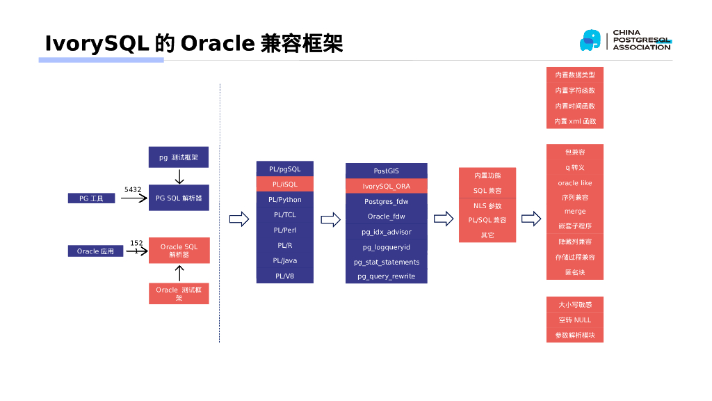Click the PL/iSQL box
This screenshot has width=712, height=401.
point(284,184)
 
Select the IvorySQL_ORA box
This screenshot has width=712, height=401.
point(386,186)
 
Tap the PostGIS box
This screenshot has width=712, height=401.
point(386,171)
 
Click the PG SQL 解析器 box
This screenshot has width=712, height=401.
point(179,198)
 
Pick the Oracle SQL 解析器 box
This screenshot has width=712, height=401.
point(179,251)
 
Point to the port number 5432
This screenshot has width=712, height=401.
point(133,189)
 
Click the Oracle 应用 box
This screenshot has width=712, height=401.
point(95,251)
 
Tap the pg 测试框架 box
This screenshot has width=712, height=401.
point(179,157)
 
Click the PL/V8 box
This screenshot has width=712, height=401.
point(284,276)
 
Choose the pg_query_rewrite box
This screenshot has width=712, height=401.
point(386,276)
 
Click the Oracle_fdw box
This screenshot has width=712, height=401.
point(386,217)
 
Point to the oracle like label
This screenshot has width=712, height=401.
point(574,183)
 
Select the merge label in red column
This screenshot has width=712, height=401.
point(574,211)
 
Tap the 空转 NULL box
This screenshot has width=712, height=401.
point(574,320)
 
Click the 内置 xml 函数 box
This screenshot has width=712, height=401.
point(574,122)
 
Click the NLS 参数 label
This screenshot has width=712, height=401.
point(487,206)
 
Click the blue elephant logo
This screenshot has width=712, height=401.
point(590,40)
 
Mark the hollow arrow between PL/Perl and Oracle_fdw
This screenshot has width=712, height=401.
point(330,220)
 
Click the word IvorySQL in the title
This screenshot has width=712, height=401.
point(97,43)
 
